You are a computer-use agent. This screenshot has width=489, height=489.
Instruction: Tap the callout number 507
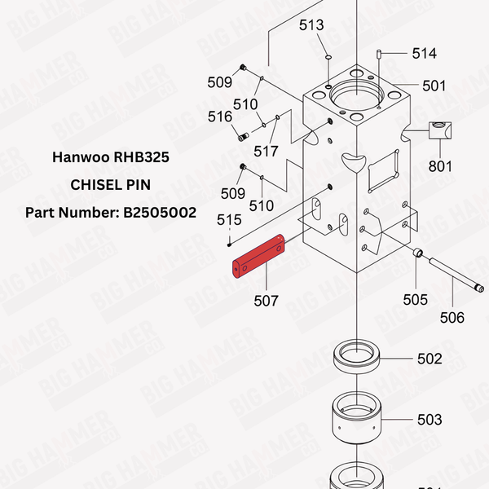[x=265, y=301]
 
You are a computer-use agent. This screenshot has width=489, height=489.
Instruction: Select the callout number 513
[x=311, y=25]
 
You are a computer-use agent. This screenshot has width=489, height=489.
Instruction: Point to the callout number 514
[x=424, y=54]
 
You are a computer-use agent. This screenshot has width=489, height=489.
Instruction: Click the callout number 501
[x=434, y=86]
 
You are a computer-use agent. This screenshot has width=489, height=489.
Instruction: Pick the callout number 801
[x=440, y=168]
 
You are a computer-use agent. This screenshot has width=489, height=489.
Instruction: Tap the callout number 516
[x=220, y=117]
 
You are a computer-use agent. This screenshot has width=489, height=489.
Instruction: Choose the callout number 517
[x=266, y=151]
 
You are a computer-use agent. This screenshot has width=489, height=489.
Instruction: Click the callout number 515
[x=229, y=220]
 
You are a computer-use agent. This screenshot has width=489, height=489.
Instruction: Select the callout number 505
[x=416, y=300]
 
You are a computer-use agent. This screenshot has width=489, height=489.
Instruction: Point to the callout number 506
[x=452, y=318]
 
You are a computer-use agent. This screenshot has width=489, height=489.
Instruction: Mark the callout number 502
[x=430, y=359]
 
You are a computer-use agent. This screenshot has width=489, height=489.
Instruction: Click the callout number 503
[x=430, y=420]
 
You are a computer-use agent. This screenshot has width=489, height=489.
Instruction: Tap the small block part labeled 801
[x=441, y=130]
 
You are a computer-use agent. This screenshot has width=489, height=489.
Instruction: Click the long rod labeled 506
[x=453, y=274]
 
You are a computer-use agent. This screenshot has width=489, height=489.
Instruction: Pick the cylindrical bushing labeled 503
[x=360, y=421]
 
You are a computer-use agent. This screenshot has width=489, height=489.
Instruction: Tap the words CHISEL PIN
[x=110, y=184]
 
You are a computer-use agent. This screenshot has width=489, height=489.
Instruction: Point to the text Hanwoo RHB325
[x=110, y=156]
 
